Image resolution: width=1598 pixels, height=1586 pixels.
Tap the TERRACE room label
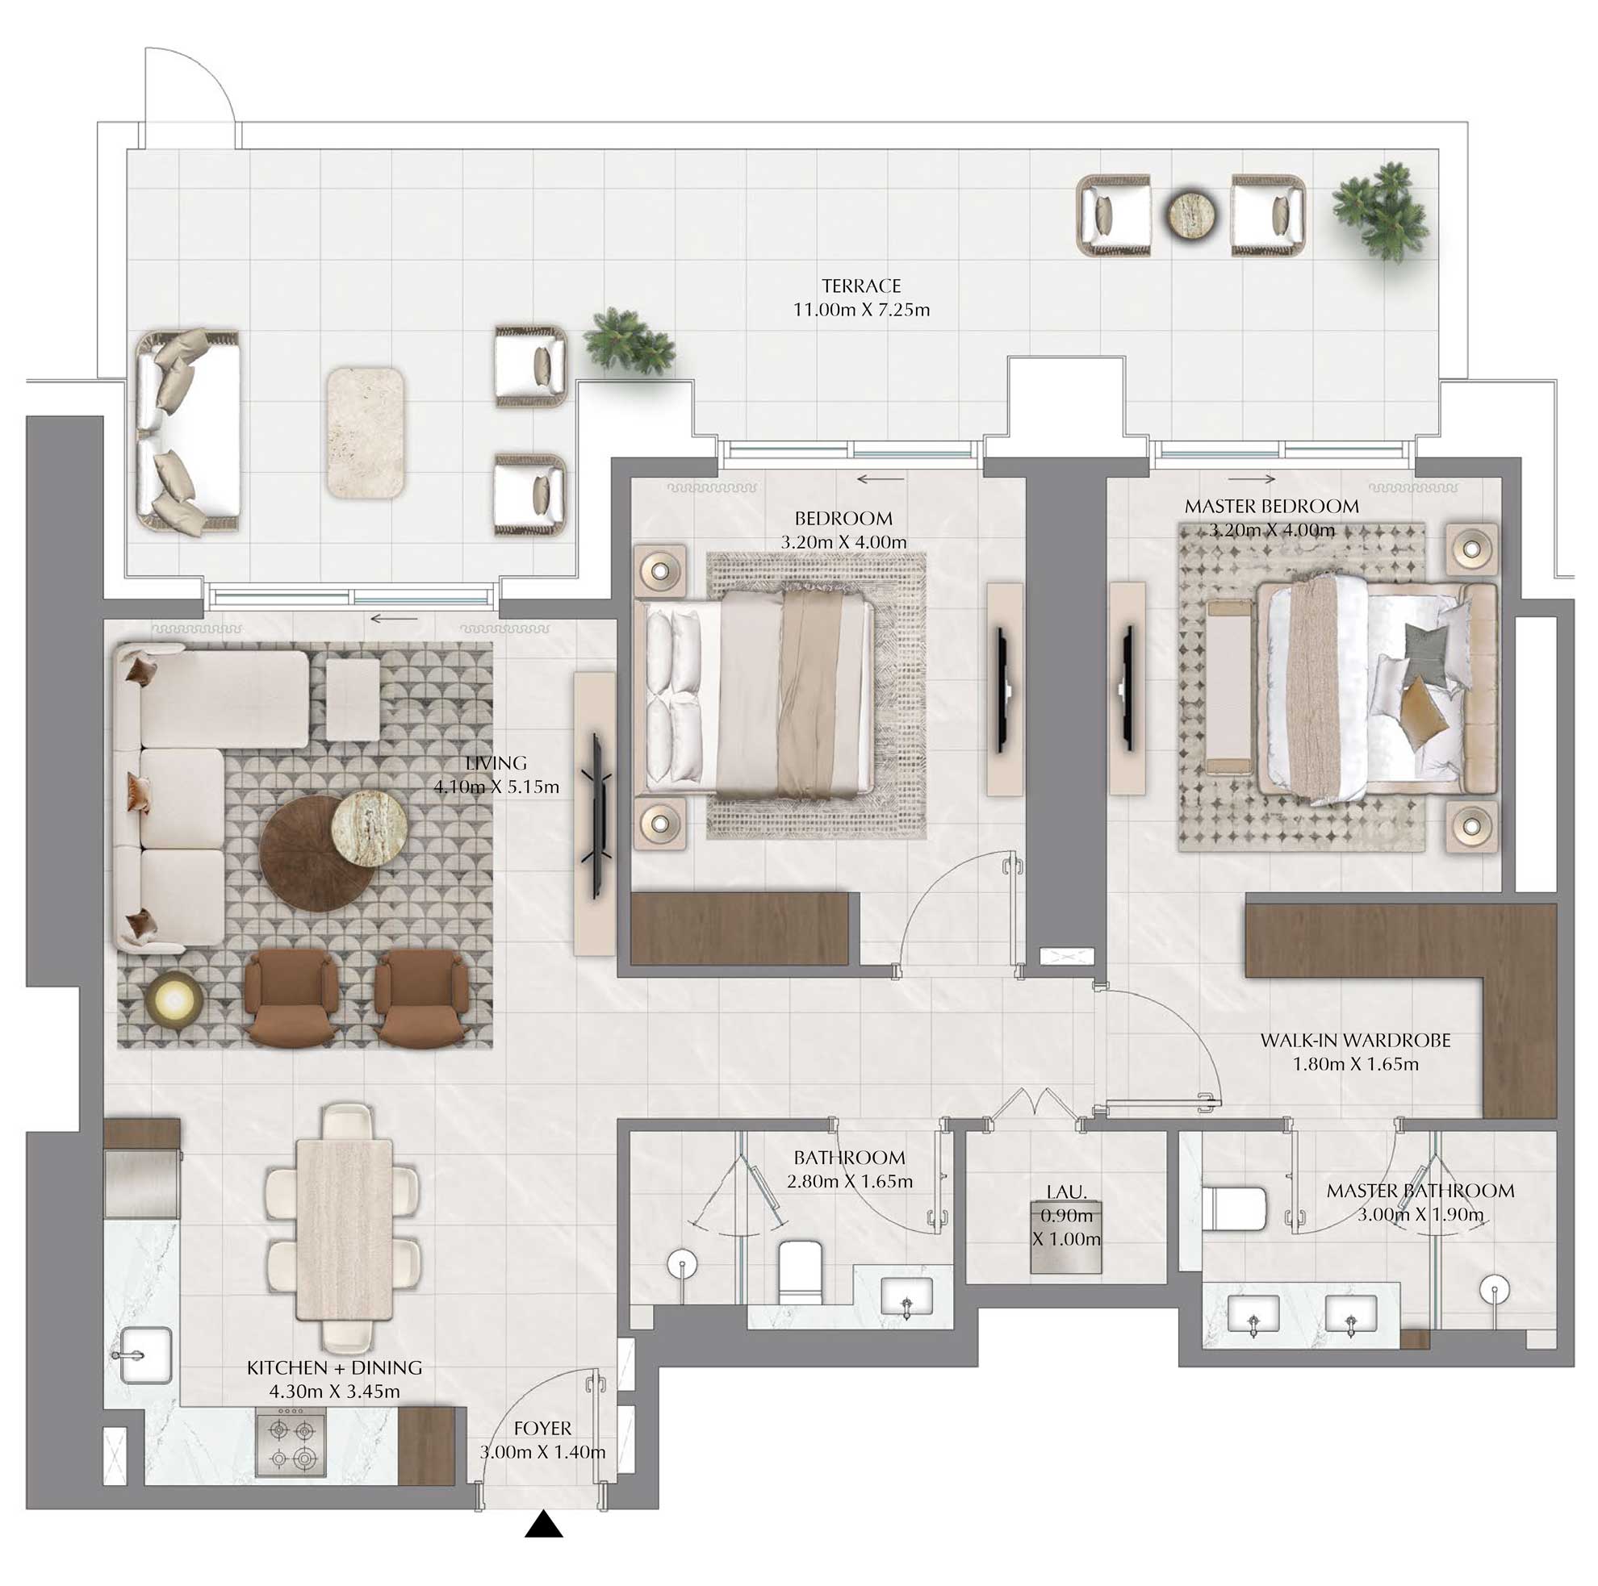[861, 286]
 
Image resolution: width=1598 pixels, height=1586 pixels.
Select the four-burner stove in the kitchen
[291, 1443]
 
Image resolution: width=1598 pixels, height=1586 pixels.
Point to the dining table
[344, 1229]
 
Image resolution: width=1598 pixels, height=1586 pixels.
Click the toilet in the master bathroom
[1234, 1209]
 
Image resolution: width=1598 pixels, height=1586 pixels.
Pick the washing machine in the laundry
[1066, 1237]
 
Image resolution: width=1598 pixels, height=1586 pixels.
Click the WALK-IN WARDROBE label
[1355, 1040]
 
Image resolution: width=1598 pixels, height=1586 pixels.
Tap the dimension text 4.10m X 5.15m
[496, 787]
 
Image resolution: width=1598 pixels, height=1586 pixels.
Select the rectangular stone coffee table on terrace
[365, 432]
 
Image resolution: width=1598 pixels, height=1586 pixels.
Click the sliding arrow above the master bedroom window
[1252, 478]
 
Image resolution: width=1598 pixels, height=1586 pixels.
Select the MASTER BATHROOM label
[1420, 1191]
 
